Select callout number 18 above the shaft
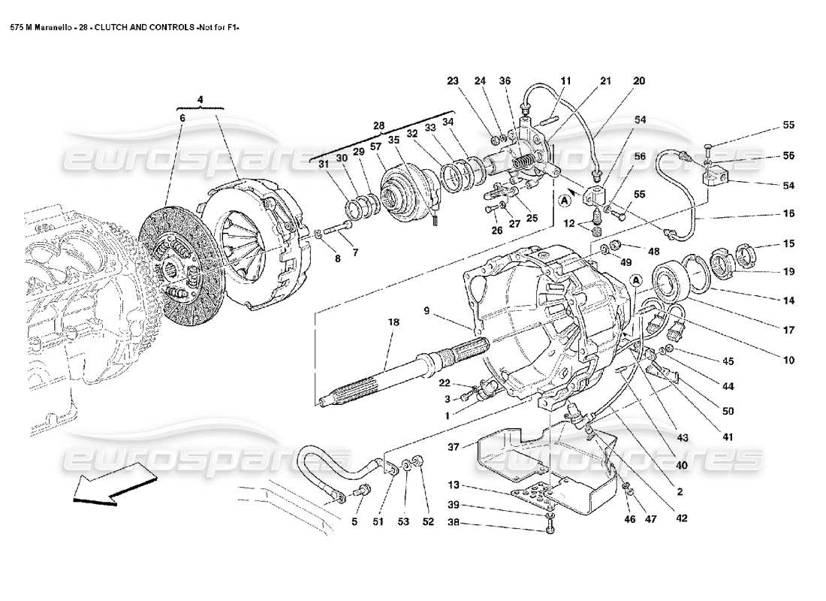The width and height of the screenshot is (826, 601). coord(393,322)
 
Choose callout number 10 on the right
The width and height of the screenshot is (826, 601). coord(788,361)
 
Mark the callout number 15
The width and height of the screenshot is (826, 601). coord(788,243)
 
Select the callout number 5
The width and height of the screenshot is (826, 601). coord(354,522)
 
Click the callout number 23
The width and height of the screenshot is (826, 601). coord(452,81)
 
